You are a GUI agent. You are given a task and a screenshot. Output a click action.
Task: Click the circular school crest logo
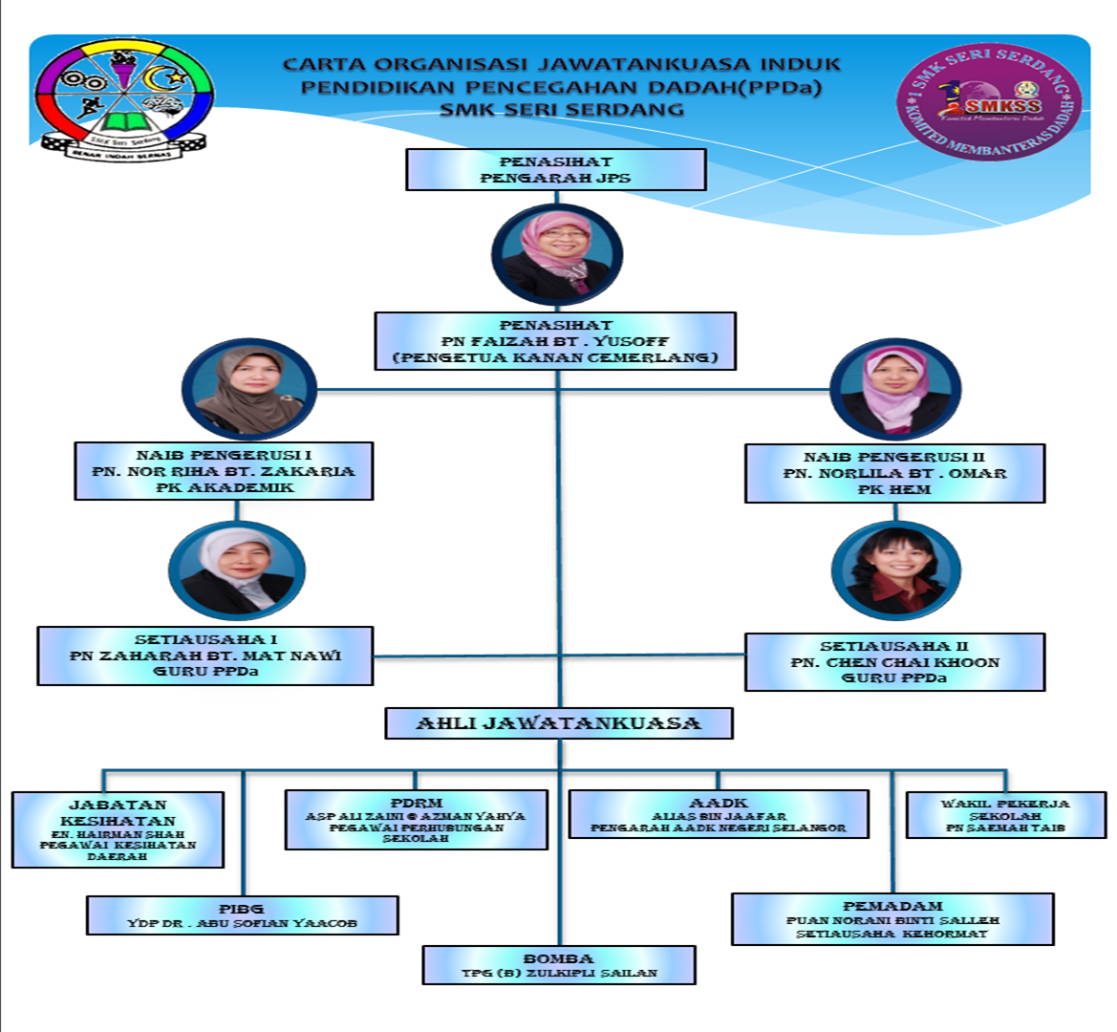[123, 97]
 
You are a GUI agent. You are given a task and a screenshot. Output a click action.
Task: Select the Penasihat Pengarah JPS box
[555, 170]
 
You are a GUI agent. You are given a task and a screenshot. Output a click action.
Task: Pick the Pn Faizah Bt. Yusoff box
[555, 341]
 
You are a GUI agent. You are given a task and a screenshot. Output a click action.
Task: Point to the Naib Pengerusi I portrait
[249, 390]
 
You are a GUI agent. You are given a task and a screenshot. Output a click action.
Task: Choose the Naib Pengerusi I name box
[224, 471]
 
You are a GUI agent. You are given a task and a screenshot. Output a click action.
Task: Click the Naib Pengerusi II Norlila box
[893, 473]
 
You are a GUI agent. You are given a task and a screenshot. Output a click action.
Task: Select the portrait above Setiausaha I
[237, 570]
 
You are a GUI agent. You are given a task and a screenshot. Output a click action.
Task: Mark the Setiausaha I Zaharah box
[204, 656]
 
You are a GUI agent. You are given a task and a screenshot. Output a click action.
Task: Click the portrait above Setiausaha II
[895, 570]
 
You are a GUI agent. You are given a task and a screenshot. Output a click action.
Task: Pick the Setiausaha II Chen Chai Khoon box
[893, 662]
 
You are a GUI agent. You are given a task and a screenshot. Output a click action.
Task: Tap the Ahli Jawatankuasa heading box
[558, 723]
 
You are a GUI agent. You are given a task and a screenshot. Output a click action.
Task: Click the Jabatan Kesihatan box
[118, 829]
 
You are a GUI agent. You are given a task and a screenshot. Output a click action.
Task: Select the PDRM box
[416, 820]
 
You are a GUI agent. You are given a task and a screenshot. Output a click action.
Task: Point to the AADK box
[719, 814]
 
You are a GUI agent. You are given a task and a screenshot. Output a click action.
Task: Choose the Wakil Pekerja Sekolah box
[1005, 815]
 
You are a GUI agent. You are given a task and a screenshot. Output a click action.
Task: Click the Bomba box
[559, 965]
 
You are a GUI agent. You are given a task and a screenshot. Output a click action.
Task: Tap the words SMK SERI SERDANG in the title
[561, 109]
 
